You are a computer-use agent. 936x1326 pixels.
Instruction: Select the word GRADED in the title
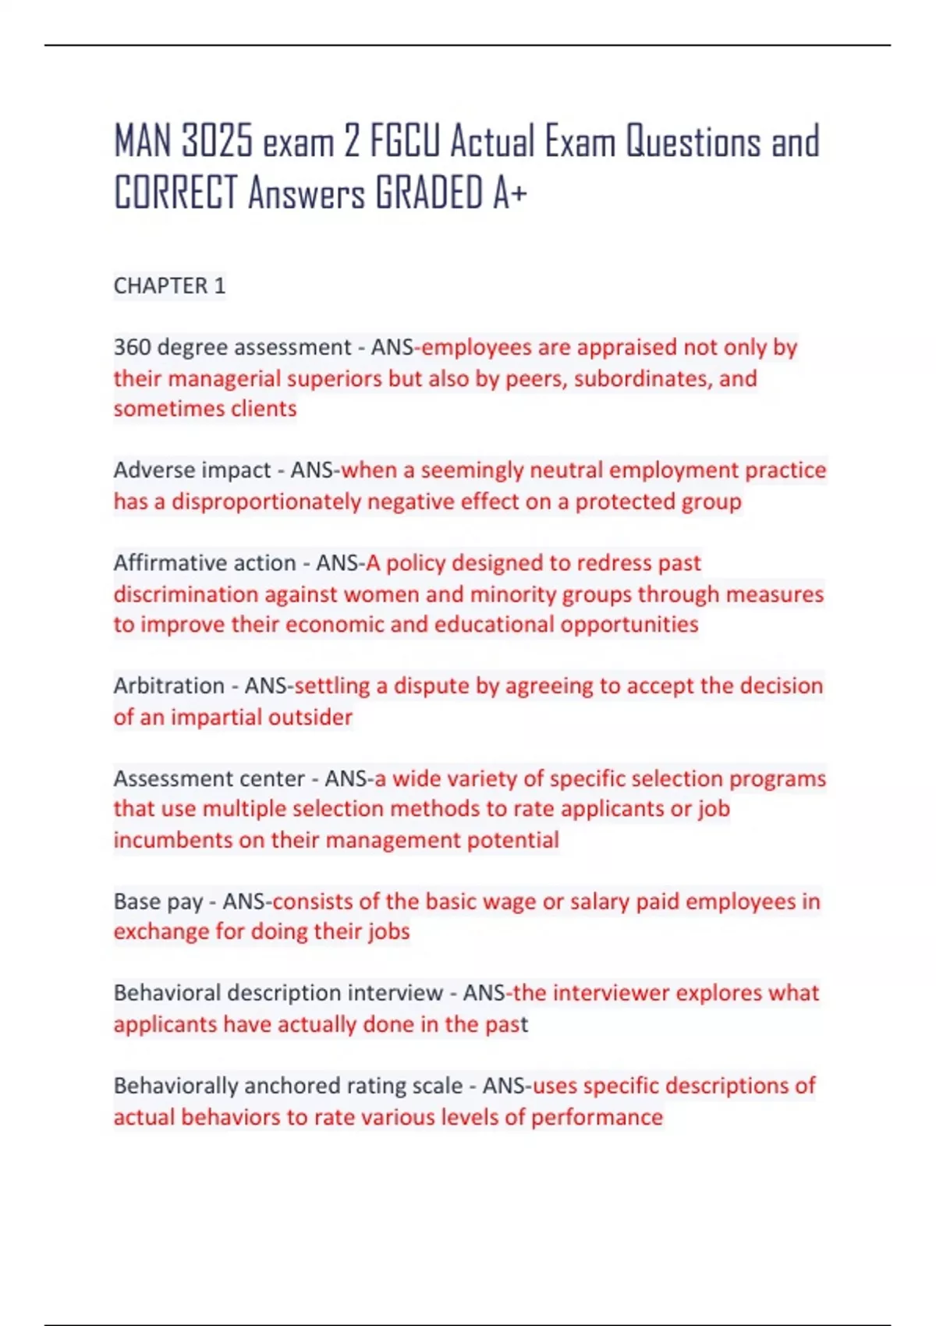point(429,193)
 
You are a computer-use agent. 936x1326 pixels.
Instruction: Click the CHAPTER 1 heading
point(169,286)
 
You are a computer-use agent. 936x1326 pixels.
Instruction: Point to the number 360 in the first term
point(133,347)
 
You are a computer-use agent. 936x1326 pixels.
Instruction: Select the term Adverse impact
point(192,470)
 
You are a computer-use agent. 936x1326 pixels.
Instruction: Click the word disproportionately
point(266,502)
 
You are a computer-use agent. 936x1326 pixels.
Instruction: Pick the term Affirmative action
point(204,563)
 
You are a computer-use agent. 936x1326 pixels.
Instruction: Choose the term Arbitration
point(168,686)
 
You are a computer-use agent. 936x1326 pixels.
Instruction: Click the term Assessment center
point(209,778)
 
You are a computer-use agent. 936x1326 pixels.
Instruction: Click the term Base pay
point(158,902)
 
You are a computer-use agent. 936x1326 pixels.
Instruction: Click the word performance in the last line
point(597,1117)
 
